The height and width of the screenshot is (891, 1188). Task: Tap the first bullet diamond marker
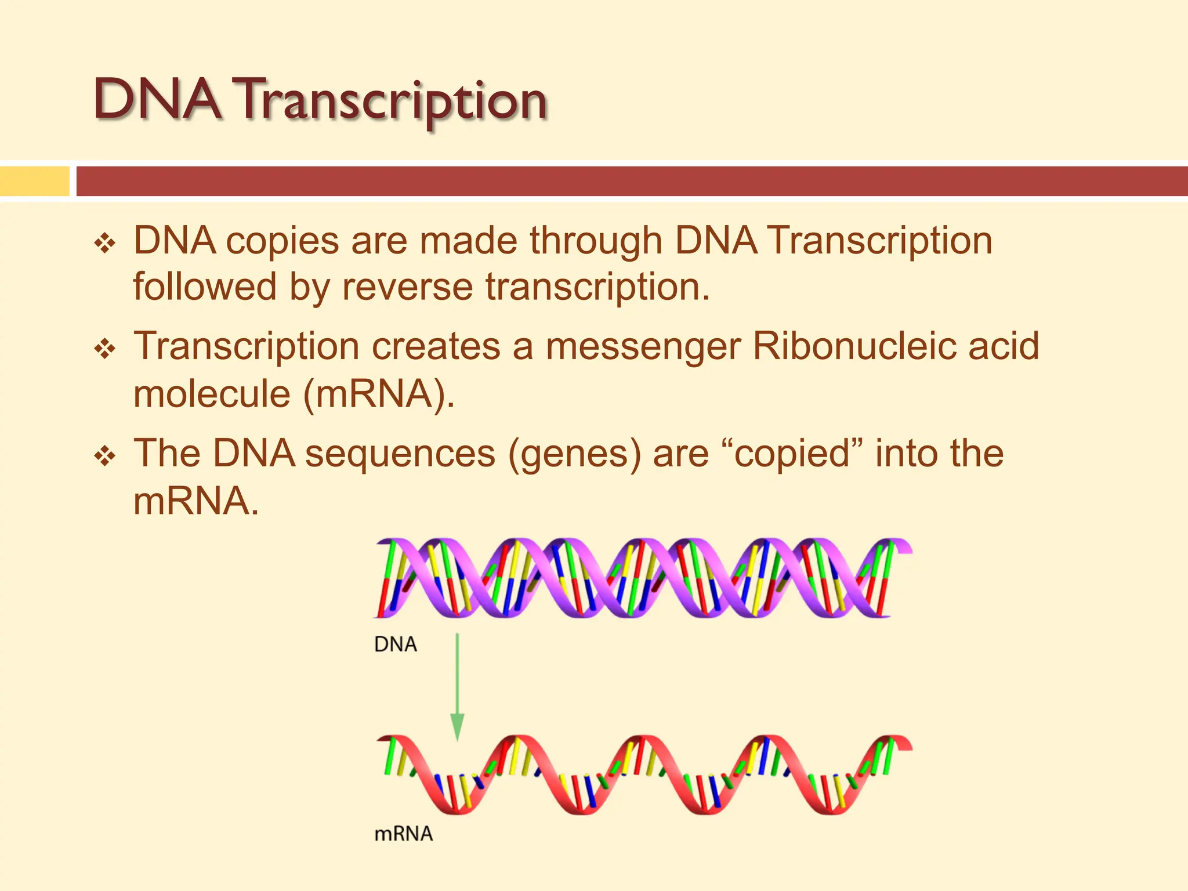[105, 242]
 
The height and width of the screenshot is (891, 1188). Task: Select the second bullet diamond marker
[105, 349]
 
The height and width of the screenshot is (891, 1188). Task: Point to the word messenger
[643, 346]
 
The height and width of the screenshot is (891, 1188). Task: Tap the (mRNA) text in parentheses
[378, 394]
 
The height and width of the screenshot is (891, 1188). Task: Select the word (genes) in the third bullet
[574, 454]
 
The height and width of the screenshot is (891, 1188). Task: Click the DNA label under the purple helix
[396, 644]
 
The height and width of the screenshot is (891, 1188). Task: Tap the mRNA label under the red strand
[404, 834]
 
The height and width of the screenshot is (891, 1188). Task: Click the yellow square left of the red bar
[35, 181]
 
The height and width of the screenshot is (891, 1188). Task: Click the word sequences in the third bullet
[400, 454]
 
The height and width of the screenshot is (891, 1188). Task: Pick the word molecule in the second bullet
[212, 394]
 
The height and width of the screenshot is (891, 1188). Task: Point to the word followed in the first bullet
[205, 287]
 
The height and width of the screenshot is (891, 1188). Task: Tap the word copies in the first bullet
[282, 241]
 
